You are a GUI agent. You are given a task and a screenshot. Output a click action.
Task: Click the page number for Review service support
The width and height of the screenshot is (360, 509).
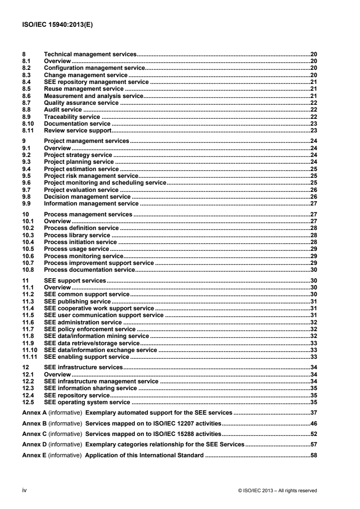tap(313, 131)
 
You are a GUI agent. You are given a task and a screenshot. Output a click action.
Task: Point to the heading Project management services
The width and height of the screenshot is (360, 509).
tap(86, 142)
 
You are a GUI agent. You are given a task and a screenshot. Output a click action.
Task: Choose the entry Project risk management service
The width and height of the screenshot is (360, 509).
tap(91, 176)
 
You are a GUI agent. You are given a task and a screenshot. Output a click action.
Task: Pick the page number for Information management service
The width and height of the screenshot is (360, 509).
tap(313, 204)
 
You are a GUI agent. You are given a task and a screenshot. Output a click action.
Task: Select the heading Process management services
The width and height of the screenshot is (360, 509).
tap(88, 214)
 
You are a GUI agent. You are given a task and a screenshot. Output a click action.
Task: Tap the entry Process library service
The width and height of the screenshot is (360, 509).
tap(77, 235)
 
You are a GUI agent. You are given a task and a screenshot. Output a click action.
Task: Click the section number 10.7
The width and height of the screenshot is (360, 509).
tap(28, 263)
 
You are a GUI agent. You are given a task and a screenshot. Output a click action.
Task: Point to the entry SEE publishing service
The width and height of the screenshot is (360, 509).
tap(77, 301)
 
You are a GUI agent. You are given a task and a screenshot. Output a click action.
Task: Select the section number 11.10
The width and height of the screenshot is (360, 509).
tap(30, 350)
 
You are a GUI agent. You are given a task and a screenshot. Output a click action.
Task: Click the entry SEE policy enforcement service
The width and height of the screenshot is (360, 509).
tap(90, 329)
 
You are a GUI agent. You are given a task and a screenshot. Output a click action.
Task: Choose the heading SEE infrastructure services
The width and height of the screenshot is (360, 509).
tap(84, 367)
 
